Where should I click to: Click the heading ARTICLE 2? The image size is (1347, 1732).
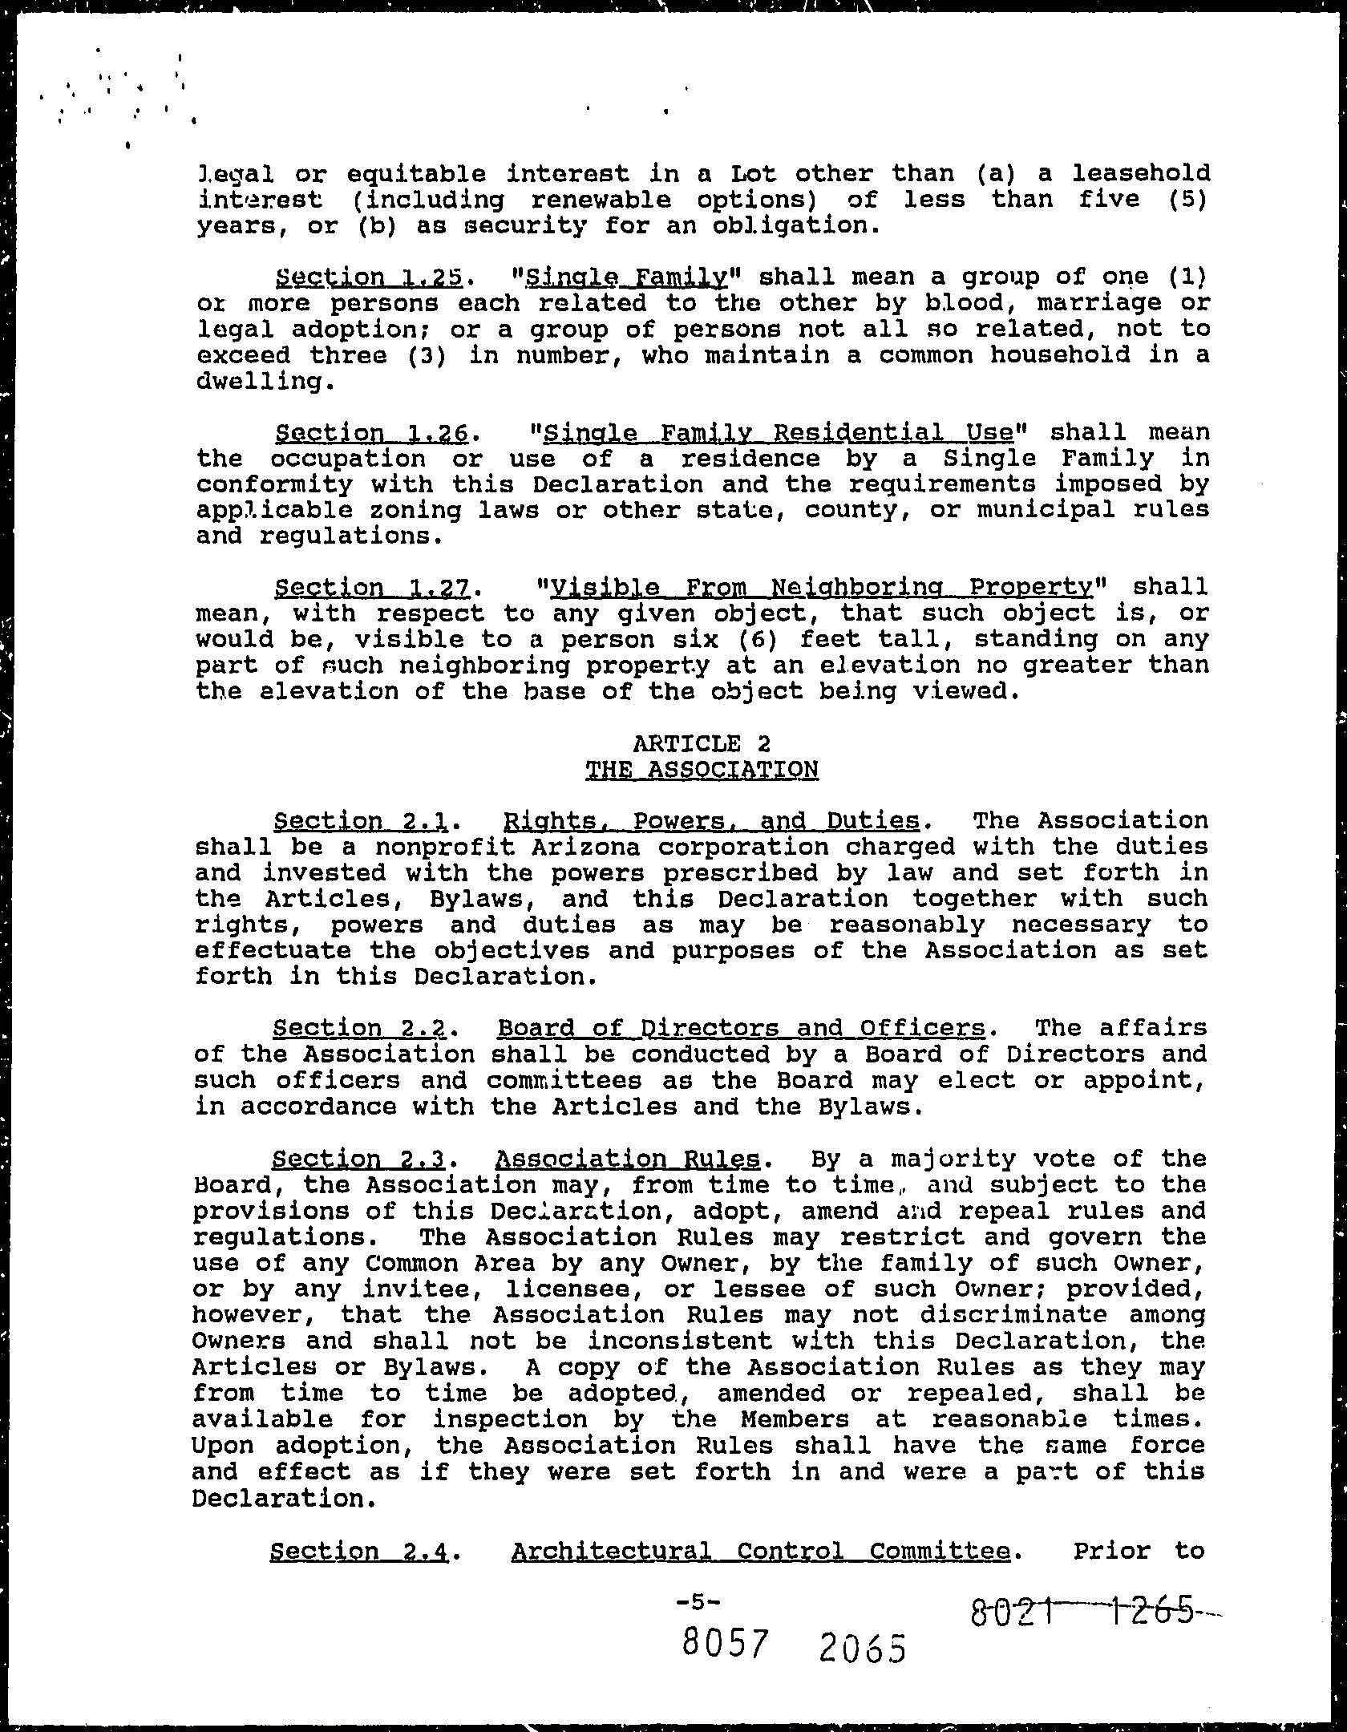point(702,743)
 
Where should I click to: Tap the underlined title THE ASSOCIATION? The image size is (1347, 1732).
point(702,770)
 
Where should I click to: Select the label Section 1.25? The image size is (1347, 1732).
point(369,277)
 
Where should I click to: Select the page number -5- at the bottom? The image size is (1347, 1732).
point(698,1580)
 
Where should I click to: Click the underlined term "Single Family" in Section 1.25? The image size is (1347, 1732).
point(625,277)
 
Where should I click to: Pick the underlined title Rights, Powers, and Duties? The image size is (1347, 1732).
point(710,821)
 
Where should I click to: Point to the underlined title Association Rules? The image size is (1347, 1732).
point(628,1159)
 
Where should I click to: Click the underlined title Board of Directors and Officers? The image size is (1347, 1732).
point(741,1028)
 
